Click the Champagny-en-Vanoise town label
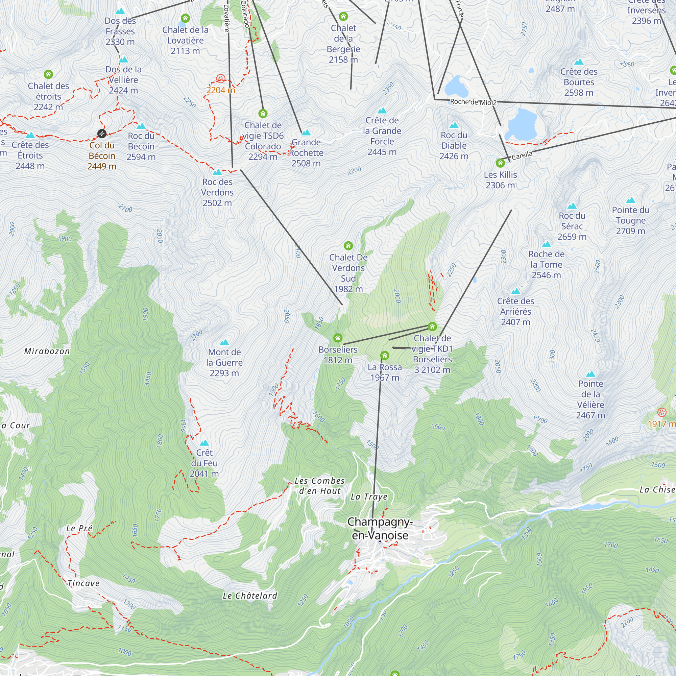point(380,528)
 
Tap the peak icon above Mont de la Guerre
point(224,342)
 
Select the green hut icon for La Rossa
point(385,356)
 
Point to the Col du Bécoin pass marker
point(102,133)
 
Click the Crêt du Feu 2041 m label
point(204,463)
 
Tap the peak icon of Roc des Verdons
point(217,172)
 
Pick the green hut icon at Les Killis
point(500,163)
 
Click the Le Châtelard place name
point(250,596)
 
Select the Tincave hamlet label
point(83,584)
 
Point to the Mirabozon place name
point(47,351)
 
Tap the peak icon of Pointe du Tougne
point(630,200)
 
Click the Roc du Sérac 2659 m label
point(572,226)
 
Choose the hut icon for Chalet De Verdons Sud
point(348,246)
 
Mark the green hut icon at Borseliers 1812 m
point(338,338)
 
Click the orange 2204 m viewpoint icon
point(220,78)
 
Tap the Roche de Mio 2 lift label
point(473,102)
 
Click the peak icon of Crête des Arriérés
point(515,291)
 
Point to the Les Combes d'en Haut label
point(319,486)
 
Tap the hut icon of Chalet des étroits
point(48,74)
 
